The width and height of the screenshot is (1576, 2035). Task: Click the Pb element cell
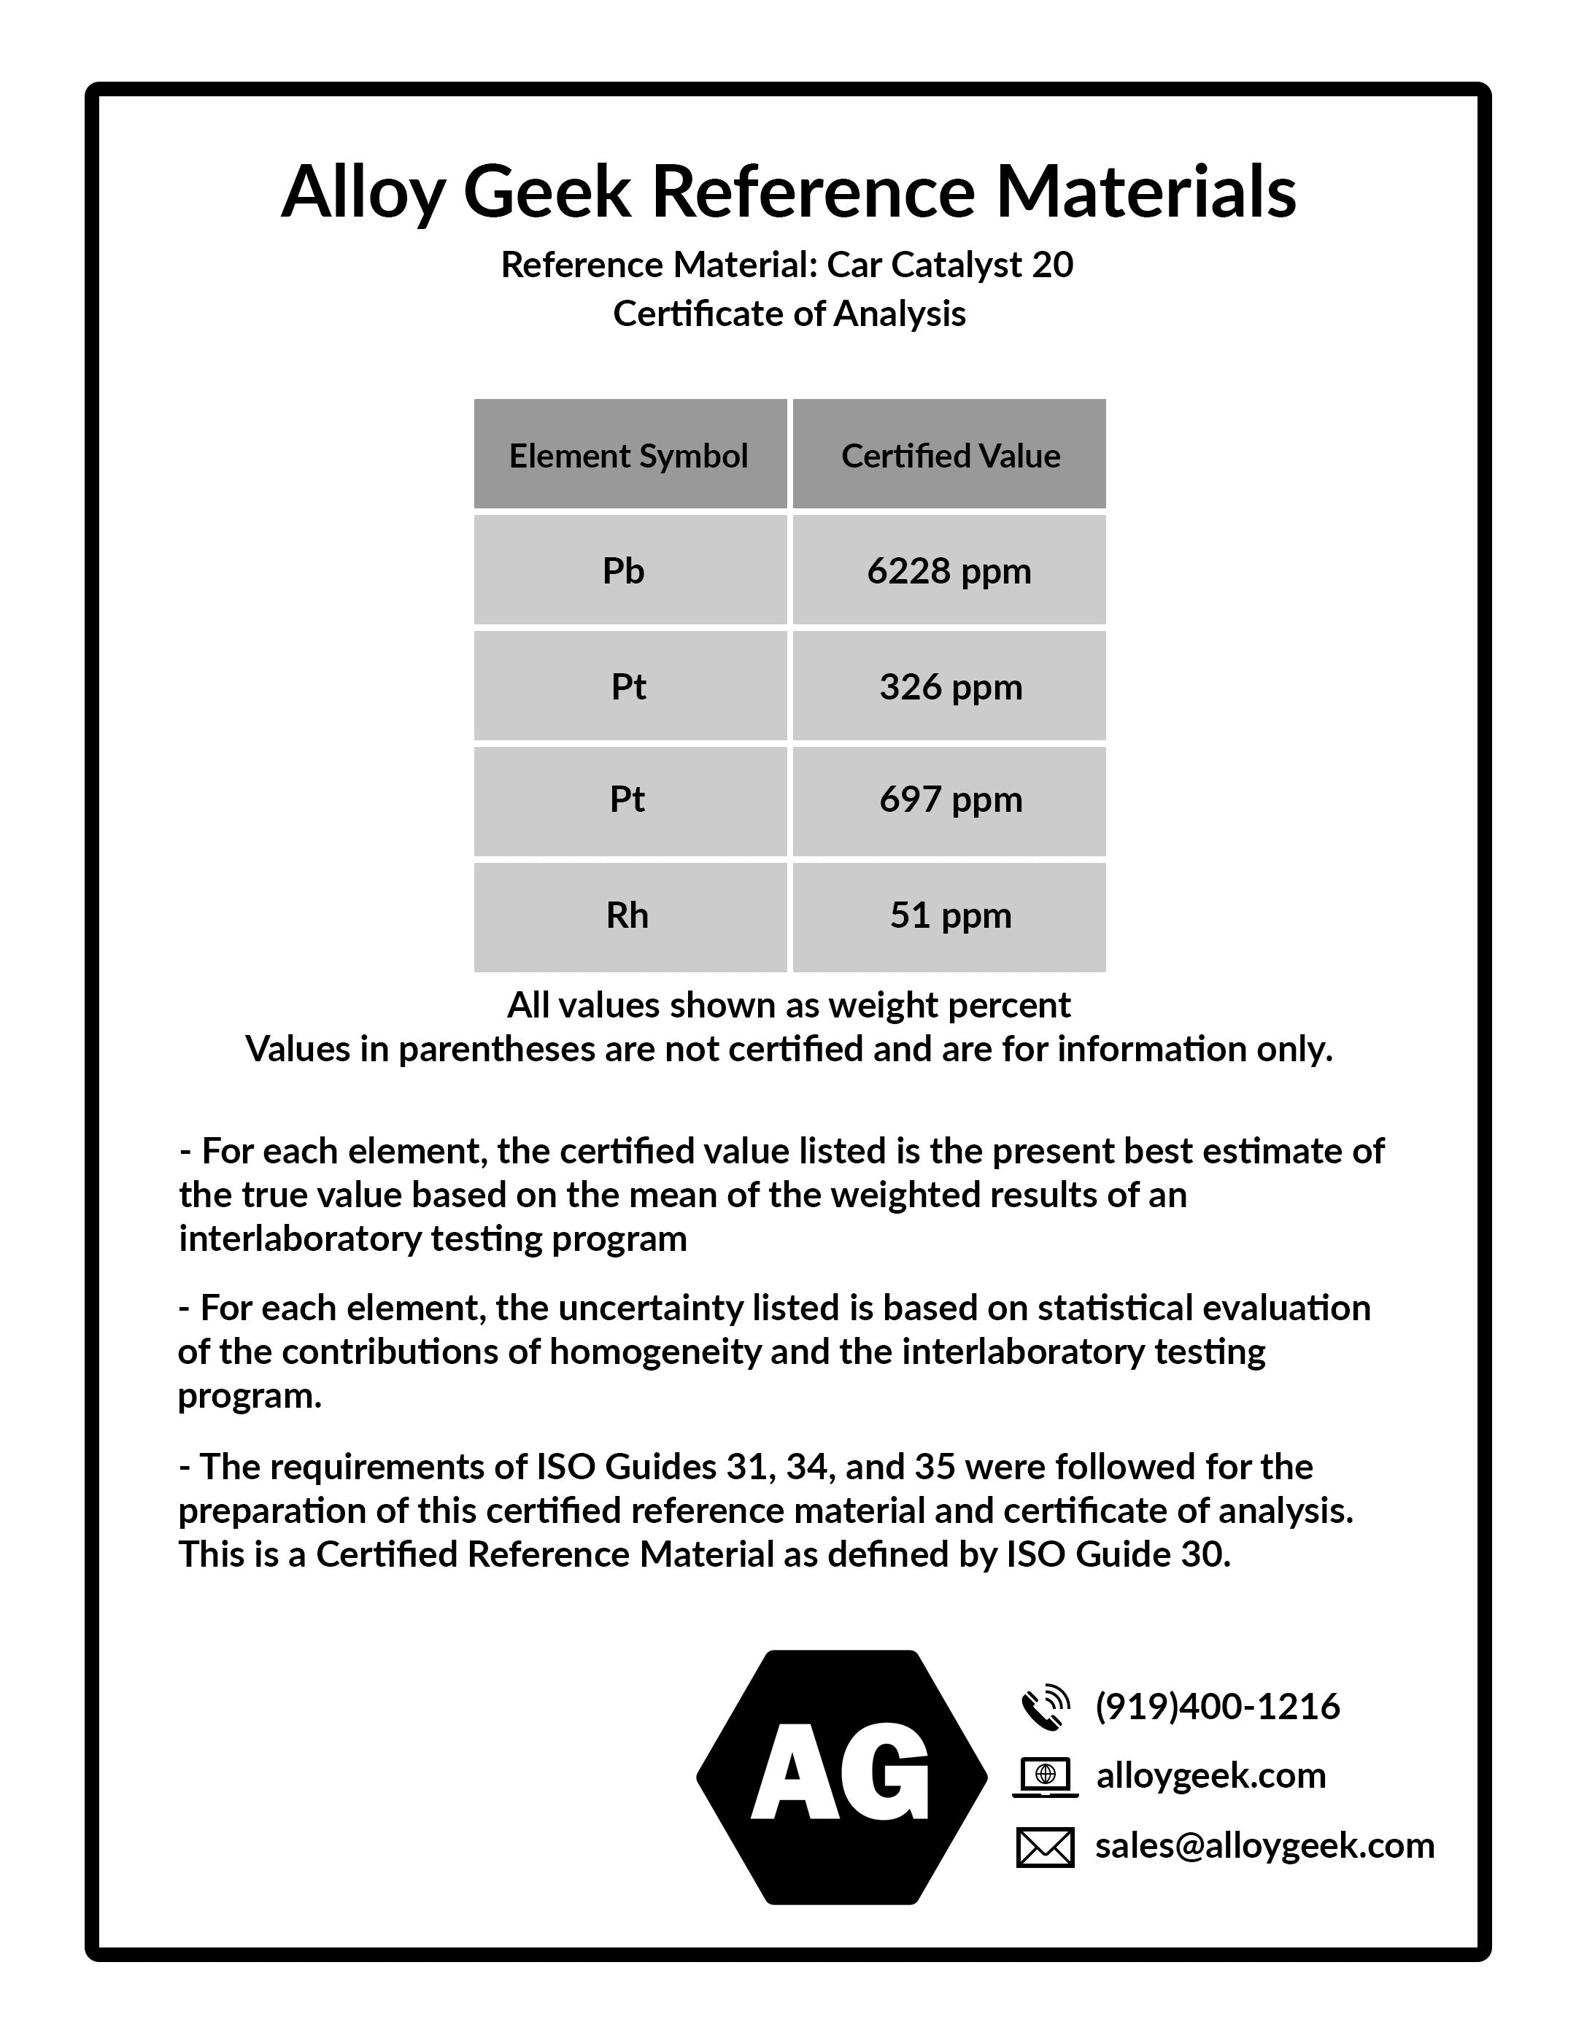(x=629, y=570)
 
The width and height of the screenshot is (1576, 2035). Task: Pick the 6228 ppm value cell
(x=950, y=570)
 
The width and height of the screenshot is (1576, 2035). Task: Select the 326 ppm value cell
(x=950, y=686)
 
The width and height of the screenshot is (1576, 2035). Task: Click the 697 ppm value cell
(x=950, y=799)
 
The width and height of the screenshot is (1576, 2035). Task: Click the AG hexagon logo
(x=841, y=1777)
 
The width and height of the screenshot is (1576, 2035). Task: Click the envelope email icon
(x=1045, y=1847)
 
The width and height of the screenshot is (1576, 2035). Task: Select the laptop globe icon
(x=1045, y=1776)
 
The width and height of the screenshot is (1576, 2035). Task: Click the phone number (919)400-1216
(x=1217, y=1706)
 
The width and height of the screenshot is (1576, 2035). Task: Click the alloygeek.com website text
(x=1210, y=1776)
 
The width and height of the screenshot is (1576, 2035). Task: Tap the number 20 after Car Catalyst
(x=1052, y=265)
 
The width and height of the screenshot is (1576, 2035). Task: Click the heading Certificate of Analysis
(x=789, y=314)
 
